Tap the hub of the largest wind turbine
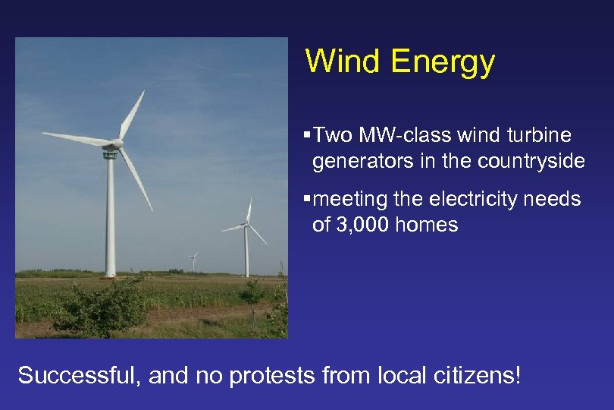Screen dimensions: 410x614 point(116,143)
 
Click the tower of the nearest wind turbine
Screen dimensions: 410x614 point(111,220)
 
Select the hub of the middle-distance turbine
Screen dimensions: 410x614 point(246,225)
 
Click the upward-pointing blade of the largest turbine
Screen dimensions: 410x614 point(132,114)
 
